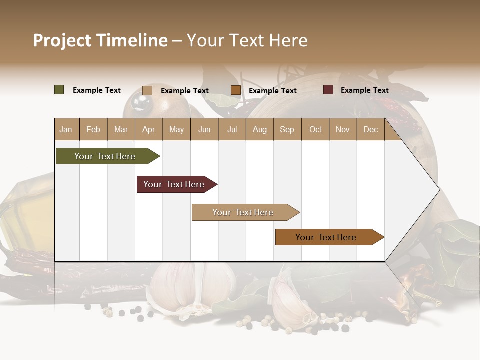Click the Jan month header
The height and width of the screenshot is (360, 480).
click(66, 129)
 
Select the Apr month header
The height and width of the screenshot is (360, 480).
click(148, 129)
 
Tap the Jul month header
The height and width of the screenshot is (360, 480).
click(232, 129)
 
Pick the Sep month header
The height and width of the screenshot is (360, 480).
click(287, 129)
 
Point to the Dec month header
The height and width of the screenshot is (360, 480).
click(370, 129)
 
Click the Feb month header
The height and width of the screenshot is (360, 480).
click(93, 129)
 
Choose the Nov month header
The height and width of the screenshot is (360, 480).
click(342, 129)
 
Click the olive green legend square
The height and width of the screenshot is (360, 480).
click(59, 90)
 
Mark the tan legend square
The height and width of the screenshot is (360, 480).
click(147, 90)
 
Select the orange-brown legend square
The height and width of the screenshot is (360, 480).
click(236, 90)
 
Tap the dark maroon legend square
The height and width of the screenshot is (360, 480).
click(328, 90)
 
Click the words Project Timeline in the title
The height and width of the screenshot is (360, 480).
click(100, 40)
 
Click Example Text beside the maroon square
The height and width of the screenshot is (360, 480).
click(364, 90)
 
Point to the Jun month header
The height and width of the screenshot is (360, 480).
click(204, 129)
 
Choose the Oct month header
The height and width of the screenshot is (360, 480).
click(315, 129)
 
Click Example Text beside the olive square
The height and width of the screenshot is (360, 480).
click(97, 90)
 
